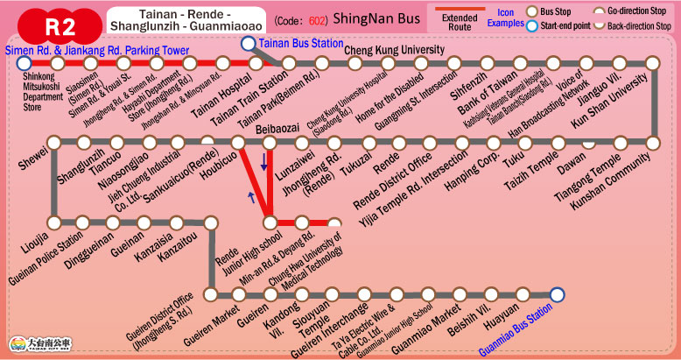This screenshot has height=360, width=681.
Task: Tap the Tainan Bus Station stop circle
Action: pos(249,44)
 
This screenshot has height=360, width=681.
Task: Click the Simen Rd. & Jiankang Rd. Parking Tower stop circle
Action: pos(24,64)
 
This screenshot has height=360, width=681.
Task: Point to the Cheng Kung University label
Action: pos(394,49)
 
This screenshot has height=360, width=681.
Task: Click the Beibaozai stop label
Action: pos(277,129)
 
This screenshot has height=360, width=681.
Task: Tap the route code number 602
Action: pos(319,20)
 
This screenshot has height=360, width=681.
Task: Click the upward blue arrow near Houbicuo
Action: pos(253,197)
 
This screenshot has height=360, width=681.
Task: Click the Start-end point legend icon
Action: pos(530,26)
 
